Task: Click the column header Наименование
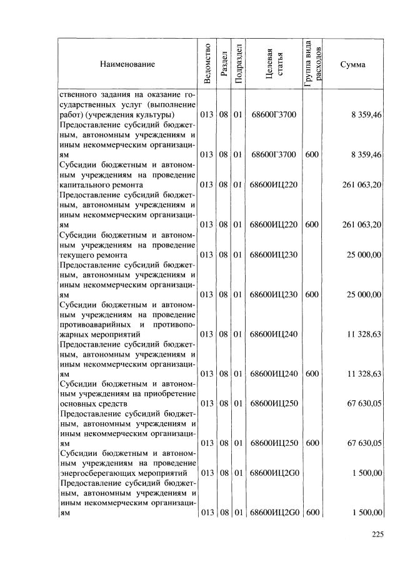tap(127, 64)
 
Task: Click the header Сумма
tap(353, 64)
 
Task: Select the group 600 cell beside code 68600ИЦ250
tap(312, 443)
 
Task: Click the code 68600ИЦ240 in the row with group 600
tap(275, 373)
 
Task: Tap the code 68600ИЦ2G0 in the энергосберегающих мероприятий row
tap(275, 473)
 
